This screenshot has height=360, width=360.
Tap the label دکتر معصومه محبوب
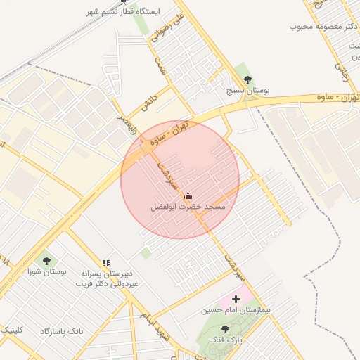pyautogui.click(x=324, y=26)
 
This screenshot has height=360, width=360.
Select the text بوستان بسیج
pyautogui.click(x=248, y=91)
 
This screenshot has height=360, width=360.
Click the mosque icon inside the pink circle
pyautogui.click(x=188, y=196)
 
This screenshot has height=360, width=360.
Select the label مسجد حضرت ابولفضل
pyautogui.click(x=188, y=207)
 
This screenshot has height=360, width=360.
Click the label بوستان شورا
pyautogui.click(x=42, y=271)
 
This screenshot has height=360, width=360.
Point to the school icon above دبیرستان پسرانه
pyautogui.click(x=106, y=263)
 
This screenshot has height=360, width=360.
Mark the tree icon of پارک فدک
pyautogui.click(x=225, y=329)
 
